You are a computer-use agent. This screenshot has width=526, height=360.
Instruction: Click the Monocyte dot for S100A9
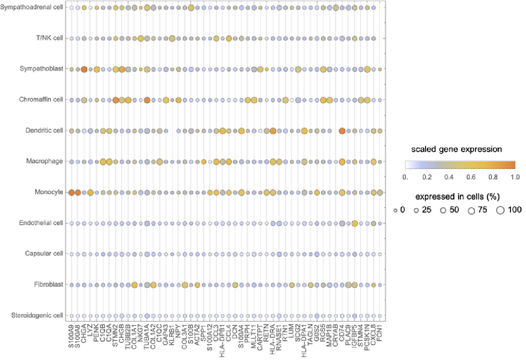(x=72, y=192)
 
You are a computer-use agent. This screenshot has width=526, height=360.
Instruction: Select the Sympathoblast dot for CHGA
(x=84, y=69)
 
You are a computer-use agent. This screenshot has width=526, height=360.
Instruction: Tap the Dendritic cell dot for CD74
(x=342, y=131)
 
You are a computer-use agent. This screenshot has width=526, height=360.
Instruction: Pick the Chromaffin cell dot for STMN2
(x=115, y=100)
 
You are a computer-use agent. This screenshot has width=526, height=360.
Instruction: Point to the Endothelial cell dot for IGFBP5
(x=354, y=223)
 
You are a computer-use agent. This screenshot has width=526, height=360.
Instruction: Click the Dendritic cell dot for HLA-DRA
(x=273, y=131)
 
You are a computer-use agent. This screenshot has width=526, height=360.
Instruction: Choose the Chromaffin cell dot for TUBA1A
(x=147, y=100)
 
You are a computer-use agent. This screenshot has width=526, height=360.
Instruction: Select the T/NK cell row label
(x=49, y=38)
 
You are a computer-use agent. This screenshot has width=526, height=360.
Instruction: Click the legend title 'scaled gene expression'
(x=456, y=149)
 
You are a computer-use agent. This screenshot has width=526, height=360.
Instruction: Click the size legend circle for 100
(x=500, y=210)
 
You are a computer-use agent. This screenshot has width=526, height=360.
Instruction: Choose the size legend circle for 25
(x=416, y=210)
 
